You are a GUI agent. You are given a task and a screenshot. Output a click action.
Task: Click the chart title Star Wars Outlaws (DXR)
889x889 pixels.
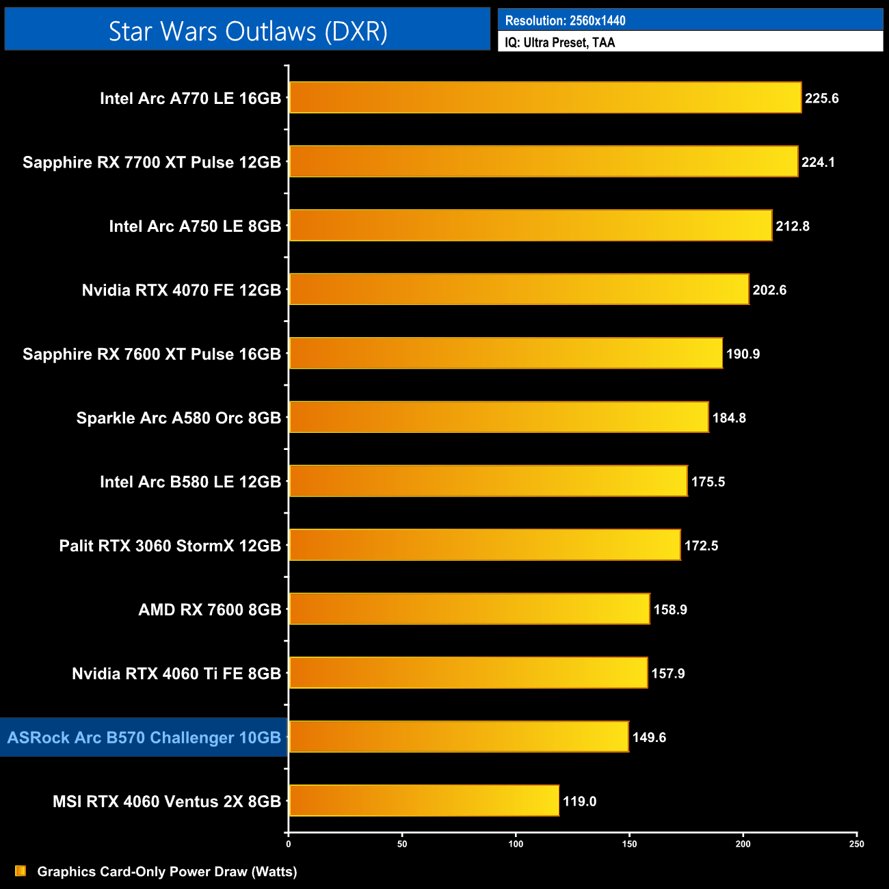click(x=248, y=31)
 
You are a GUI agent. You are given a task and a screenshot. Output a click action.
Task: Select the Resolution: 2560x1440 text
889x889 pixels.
click(x=565, y=21)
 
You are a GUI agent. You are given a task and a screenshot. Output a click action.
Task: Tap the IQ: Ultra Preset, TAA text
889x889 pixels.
click(x=560, y=42)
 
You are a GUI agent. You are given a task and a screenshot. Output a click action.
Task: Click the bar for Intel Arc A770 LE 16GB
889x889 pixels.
click(x=545, y=98)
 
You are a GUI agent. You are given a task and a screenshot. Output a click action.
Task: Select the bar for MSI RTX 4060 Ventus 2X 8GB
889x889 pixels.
click(x=424, y=801)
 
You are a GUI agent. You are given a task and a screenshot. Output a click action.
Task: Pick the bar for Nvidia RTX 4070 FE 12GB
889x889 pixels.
click(x=519, y=289)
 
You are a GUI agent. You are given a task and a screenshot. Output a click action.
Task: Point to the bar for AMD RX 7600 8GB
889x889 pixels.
click(x=469, y=609)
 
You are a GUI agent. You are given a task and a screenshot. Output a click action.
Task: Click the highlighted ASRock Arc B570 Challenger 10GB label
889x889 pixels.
click(x=144, y=737)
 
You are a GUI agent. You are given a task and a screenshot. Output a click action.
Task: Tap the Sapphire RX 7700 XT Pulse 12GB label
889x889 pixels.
click(x=152, y=162)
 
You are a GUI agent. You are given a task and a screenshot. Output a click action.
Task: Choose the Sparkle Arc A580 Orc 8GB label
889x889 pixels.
click(x=178, y=418)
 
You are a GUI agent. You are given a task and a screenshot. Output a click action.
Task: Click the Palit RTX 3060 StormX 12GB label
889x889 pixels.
click(x=170, y=546)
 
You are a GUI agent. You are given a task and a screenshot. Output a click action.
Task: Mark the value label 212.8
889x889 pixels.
click(x=793, y=226)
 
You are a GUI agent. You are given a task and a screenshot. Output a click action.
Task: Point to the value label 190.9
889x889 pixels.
click(x=743, y=354)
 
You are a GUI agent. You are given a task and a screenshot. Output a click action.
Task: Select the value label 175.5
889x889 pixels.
click(x=708, y=482)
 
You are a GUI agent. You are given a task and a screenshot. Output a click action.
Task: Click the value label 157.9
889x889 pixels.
click(x=668, y=674)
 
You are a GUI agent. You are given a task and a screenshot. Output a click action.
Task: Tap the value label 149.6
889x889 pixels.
click(x=649, y=737)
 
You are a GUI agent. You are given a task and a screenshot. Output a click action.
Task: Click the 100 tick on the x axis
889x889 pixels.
click(x=516, y=844)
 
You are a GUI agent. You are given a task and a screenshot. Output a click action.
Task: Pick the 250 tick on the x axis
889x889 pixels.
click(x=857, y=844)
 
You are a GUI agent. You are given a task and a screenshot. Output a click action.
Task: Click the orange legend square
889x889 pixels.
click(x=21, y=871)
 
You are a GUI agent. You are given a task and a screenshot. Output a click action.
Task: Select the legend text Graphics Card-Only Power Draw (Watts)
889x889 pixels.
click(x=167, y=871)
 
